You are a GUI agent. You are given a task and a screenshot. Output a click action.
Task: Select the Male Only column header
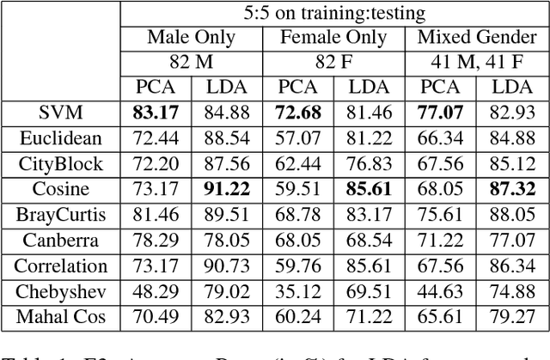(202, 38)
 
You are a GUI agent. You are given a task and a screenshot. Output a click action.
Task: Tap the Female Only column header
(334, 38)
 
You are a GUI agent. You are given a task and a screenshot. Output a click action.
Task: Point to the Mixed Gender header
(474, 38)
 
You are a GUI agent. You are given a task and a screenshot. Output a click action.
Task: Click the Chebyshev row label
(60, 291)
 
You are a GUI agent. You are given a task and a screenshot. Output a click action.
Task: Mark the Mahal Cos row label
(60, 317)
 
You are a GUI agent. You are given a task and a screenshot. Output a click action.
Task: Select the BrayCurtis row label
(60, 215)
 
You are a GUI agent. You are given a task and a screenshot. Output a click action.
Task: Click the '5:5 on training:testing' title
(334, 14)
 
